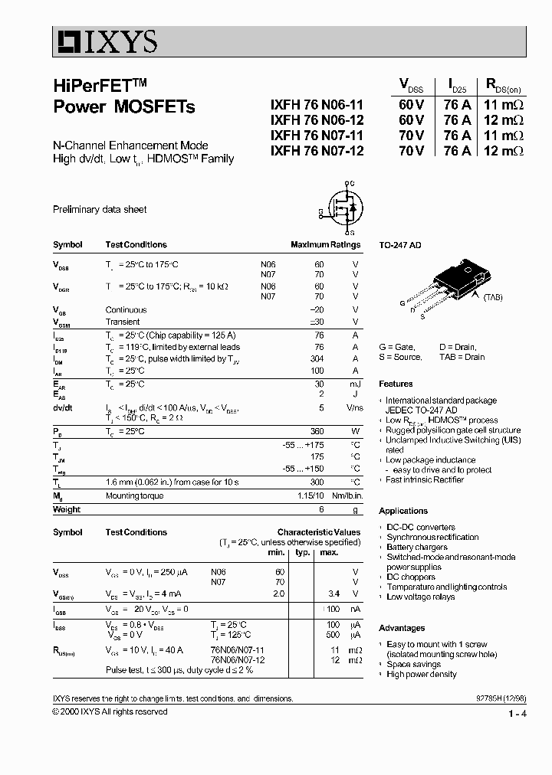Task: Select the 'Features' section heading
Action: pyautogui.click(x=396, y=384)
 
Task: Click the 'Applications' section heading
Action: pyautogui.click(x=403, y=511)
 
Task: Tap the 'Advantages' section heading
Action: pyautogui.click(x=402, y=628)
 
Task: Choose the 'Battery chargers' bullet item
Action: pyautogui.click(x=417, y=548)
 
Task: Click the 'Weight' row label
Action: pyautogui.click(x=67, y=509)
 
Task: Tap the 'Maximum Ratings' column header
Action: pyautogui.click(x=325, y=245)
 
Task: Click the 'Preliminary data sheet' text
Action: pyautogui.click(x=100, y=209)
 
